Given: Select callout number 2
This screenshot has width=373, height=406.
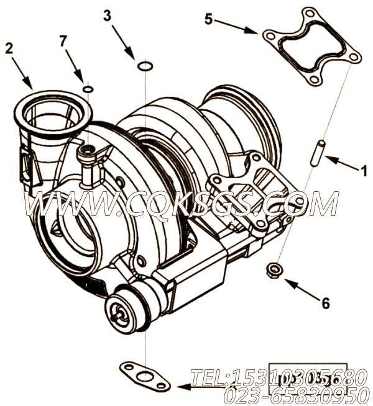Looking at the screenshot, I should pyautogui.click(x=9, y=48).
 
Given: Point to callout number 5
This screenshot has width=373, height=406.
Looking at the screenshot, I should pyautogui.click(x=208, y=19).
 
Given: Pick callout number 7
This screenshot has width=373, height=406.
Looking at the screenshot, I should pyautogui.click(x=63, y=40).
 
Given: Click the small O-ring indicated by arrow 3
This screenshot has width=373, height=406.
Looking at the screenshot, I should pyautogui.click(x=144, y=65).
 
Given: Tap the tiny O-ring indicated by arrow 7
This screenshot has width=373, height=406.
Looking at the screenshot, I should pyautogui.click(x=88, y=89).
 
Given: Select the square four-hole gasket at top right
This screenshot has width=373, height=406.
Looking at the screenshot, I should pyautogui.click(x=311, y=47).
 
